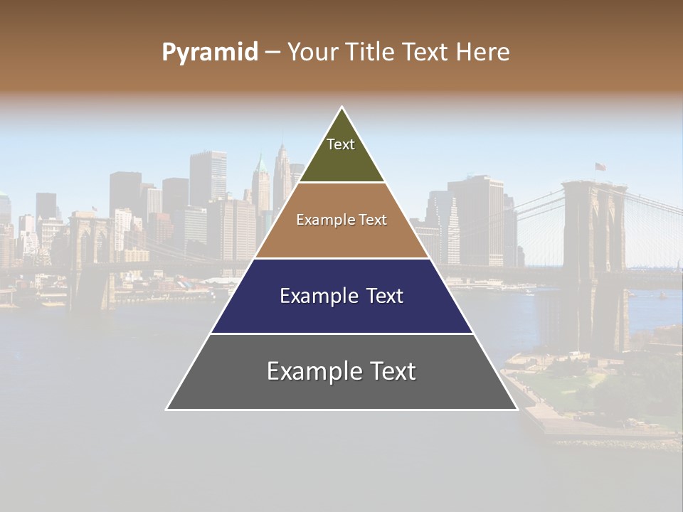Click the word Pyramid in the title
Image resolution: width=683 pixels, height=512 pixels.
[209, 53]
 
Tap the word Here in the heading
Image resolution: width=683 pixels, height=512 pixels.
[482, 53]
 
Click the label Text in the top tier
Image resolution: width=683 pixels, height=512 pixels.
[341, 144]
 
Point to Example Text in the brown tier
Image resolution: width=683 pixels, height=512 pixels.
[341, 220]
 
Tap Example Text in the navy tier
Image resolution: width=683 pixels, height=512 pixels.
[341, 296]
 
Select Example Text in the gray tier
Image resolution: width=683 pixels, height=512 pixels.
[341, 371]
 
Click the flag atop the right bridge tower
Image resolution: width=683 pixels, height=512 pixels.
[600, 167]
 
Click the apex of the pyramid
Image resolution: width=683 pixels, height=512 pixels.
[342, 108]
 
